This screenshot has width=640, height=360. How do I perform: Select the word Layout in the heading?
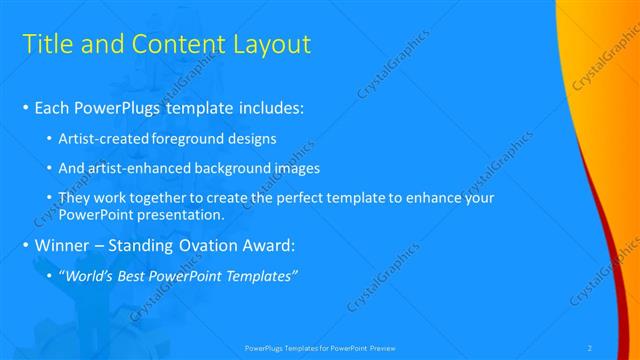pyautogui.click(x=270, y=44)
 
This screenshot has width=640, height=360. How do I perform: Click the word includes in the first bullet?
pyautogui.click(x=268, y=107)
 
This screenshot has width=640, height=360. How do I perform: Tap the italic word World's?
pyautogui.click(x=92, y=275)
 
